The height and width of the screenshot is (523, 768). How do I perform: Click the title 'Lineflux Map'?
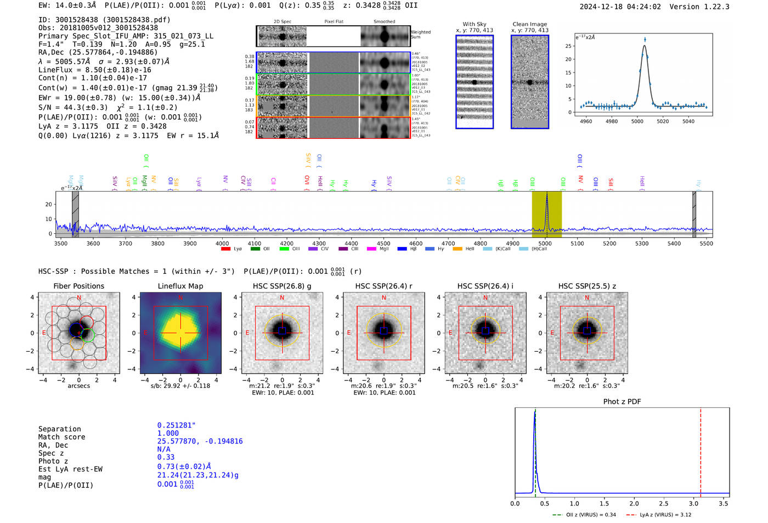click(180, 286)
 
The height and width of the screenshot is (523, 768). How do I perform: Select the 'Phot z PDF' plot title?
click(622, 401)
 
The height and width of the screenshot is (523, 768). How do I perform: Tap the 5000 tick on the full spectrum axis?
click(545, 243)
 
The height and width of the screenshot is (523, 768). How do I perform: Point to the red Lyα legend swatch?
click(225, 249)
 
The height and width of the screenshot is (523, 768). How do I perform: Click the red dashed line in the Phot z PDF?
click(701, 450)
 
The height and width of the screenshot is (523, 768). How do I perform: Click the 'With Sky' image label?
click(474, 24)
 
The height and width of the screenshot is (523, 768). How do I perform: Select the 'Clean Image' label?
click(529, 24)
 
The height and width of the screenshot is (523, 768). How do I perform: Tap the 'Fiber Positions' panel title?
click(78, 286)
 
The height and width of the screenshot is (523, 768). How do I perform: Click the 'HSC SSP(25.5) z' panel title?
click(587, 286)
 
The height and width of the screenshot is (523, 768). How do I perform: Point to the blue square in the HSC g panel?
click(282, 331)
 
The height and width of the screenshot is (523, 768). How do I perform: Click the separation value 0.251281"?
click(176, 425)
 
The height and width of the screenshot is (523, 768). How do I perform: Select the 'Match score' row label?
click(61, 437)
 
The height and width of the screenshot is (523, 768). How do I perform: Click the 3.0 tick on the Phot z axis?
click(693, 503)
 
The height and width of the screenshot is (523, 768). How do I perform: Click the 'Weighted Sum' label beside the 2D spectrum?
click(420, 35)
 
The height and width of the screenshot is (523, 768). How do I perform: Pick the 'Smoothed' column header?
click(384, 22)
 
